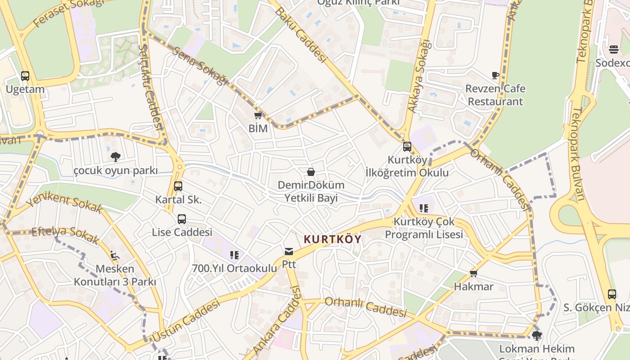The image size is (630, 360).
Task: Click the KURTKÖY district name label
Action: pos(333,239)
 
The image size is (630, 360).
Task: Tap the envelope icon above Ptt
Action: pos(288,251)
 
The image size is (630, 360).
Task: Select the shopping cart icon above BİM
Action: pos(258,115)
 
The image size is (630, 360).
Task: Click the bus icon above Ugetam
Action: pos(25,76)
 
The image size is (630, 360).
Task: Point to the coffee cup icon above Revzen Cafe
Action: pos(495,75)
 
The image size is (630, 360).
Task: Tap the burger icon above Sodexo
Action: pos(614,49)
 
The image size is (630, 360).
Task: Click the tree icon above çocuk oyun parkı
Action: pos(116,157)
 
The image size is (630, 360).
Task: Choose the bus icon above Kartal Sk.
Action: pos(178,186)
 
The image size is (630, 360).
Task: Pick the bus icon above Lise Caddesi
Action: pos(182,219)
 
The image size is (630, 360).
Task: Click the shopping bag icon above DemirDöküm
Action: pos(310,171)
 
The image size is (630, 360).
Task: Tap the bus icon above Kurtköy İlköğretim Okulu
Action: pos(407,146)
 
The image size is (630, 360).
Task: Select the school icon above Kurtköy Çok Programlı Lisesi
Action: pos(423,208)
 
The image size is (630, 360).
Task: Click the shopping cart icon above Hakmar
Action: pos(473,273)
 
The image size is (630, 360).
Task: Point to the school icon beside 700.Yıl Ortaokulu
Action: pos(234,255)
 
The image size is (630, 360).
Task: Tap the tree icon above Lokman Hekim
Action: pos(536,335)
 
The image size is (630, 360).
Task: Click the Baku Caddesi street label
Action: pos(300,34)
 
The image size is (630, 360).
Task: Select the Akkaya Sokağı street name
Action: pos(419,76)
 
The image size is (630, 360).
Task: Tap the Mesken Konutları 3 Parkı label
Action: pos(115,275)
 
